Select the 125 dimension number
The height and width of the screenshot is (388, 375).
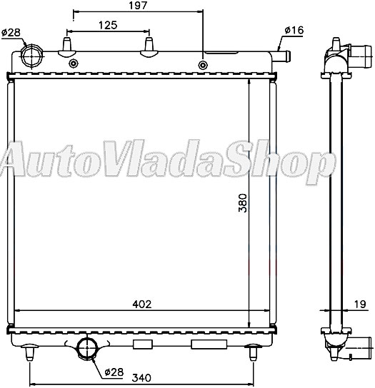point(108,25)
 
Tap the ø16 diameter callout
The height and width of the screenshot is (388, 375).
point(294,30)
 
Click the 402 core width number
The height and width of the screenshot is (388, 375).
point(143,304)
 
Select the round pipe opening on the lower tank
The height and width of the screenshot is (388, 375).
point(88,347)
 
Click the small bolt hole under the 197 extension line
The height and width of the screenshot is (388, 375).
point(203,66)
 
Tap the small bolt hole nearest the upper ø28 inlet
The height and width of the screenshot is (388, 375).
point(72,64)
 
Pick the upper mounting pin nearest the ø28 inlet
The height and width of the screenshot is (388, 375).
point(67,46)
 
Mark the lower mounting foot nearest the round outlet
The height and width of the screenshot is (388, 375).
point(29,352)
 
